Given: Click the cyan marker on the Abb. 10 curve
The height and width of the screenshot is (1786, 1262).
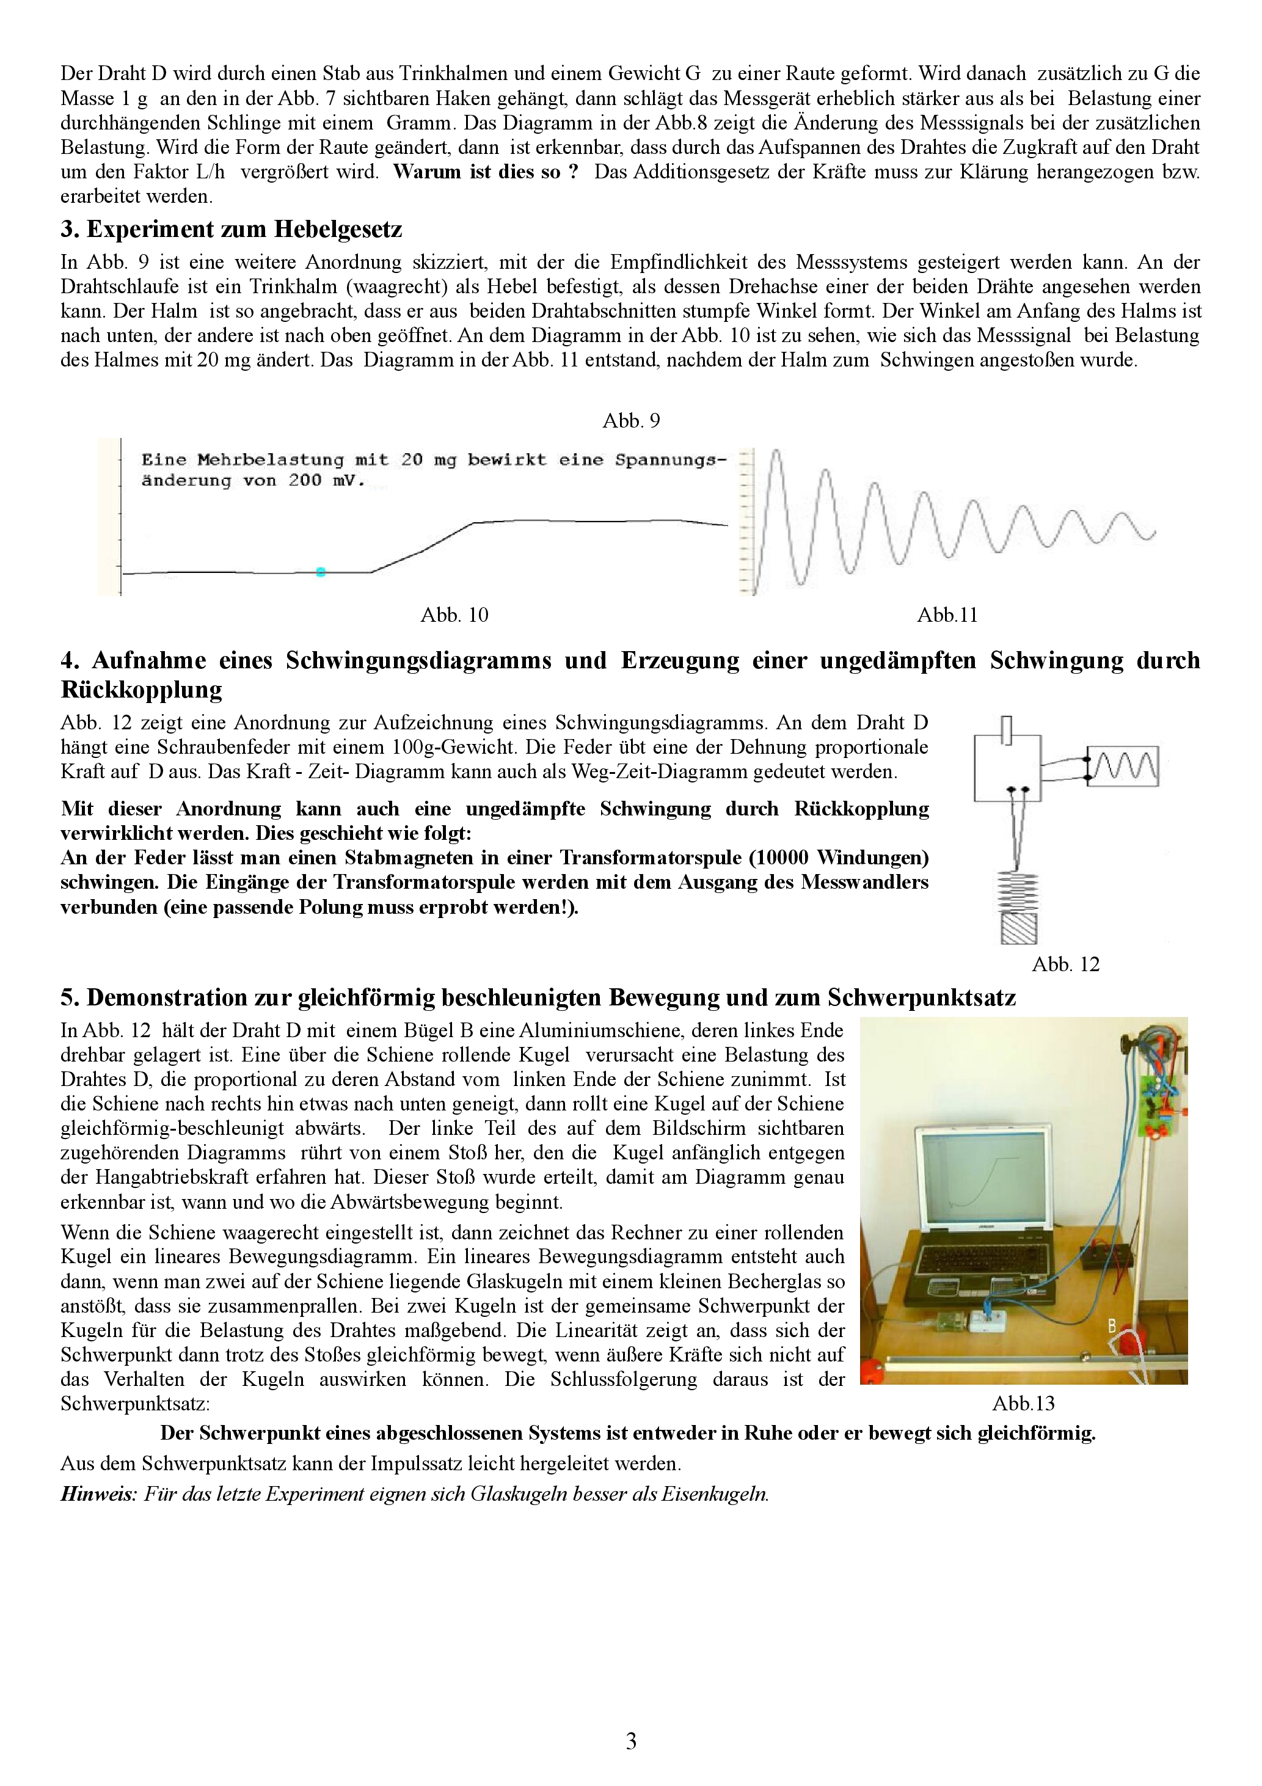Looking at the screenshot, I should coord(321,572).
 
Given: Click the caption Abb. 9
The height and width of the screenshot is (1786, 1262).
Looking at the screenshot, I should coord(631,421).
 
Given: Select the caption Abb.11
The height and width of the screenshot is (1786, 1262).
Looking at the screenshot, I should coord(947,615).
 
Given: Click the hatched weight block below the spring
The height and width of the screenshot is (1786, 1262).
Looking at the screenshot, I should coord(1018,928).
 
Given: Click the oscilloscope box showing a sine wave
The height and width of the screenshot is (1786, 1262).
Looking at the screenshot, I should coord(1123,766).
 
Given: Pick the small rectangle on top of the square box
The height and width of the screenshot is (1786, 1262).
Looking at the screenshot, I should coord(1007,729).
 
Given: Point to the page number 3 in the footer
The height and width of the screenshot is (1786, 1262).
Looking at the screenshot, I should coord(631,1741).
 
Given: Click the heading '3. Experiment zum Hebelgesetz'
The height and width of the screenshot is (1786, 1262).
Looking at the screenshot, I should coord(231,230).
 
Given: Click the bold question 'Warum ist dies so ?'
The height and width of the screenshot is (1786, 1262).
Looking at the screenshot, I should coord(486,172).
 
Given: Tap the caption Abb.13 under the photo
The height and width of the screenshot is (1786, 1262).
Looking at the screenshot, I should coord(1023,1403).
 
